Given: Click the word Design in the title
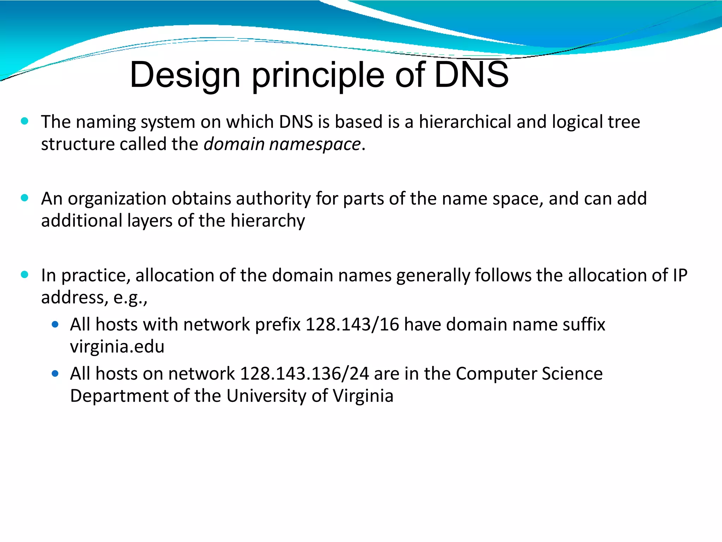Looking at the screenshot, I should [185, 75].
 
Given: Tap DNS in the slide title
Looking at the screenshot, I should [471, 74].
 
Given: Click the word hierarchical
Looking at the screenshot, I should [465, 122].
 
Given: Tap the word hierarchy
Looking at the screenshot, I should [268, 221].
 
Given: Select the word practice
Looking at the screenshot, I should [96, 276].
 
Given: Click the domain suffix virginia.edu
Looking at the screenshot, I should [117, 347].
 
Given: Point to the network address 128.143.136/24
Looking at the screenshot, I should [304, 374].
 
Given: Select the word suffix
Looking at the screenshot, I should [584, 324].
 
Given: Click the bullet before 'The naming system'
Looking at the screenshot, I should [25, 121].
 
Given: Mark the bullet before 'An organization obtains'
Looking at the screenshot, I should [25, 198].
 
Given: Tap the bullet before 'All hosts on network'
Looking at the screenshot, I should [55, 373].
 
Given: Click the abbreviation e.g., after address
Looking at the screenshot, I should [130, 298].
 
